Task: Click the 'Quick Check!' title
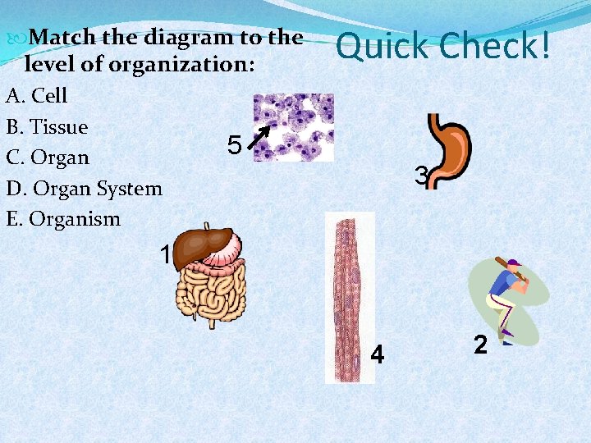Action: [443, 47]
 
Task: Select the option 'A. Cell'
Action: [37, 95]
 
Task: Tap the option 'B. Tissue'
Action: [47, 126]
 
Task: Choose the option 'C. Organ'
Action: [48, 157]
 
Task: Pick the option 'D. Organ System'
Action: [84, 188]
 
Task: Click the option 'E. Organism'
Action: [63, 219]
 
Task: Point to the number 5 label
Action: [234, 146]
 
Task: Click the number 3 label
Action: [421, 176]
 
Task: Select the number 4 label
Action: [378, 355]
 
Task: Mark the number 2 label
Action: [481, 345]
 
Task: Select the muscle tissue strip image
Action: [349, 295]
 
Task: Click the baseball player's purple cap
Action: [514, 264]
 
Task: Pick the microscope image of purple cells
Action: [293, 126]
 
